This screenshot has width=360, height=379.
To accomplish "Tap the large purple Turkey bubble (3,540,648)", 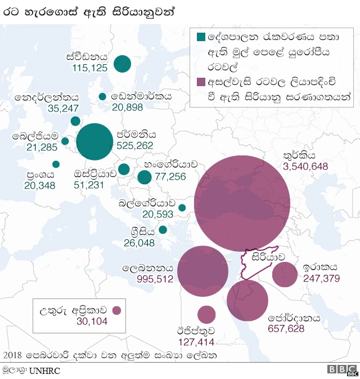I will (242, 204).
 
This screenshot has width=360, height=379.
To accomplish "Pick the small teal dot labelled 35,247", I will (75, 121).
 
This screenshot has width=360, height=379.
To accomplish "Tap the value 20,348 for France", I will (39, 185).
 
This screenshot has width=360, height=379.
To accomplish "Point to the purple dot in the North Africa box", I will (117, 310).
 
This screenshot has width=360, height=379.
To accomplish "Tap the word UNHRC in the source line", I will (44, 371).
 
